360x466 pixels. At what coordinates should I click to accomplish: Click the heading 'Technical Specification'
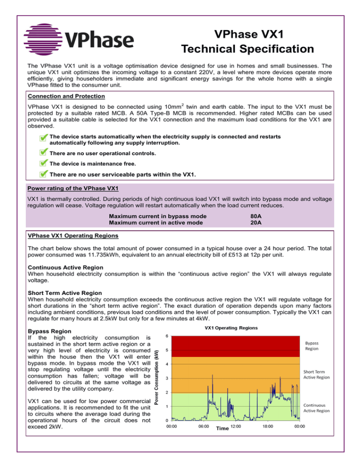[x=247, y=49]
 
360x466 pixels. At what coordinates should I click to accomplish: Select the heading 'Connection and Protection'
[x=64, y=96]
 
